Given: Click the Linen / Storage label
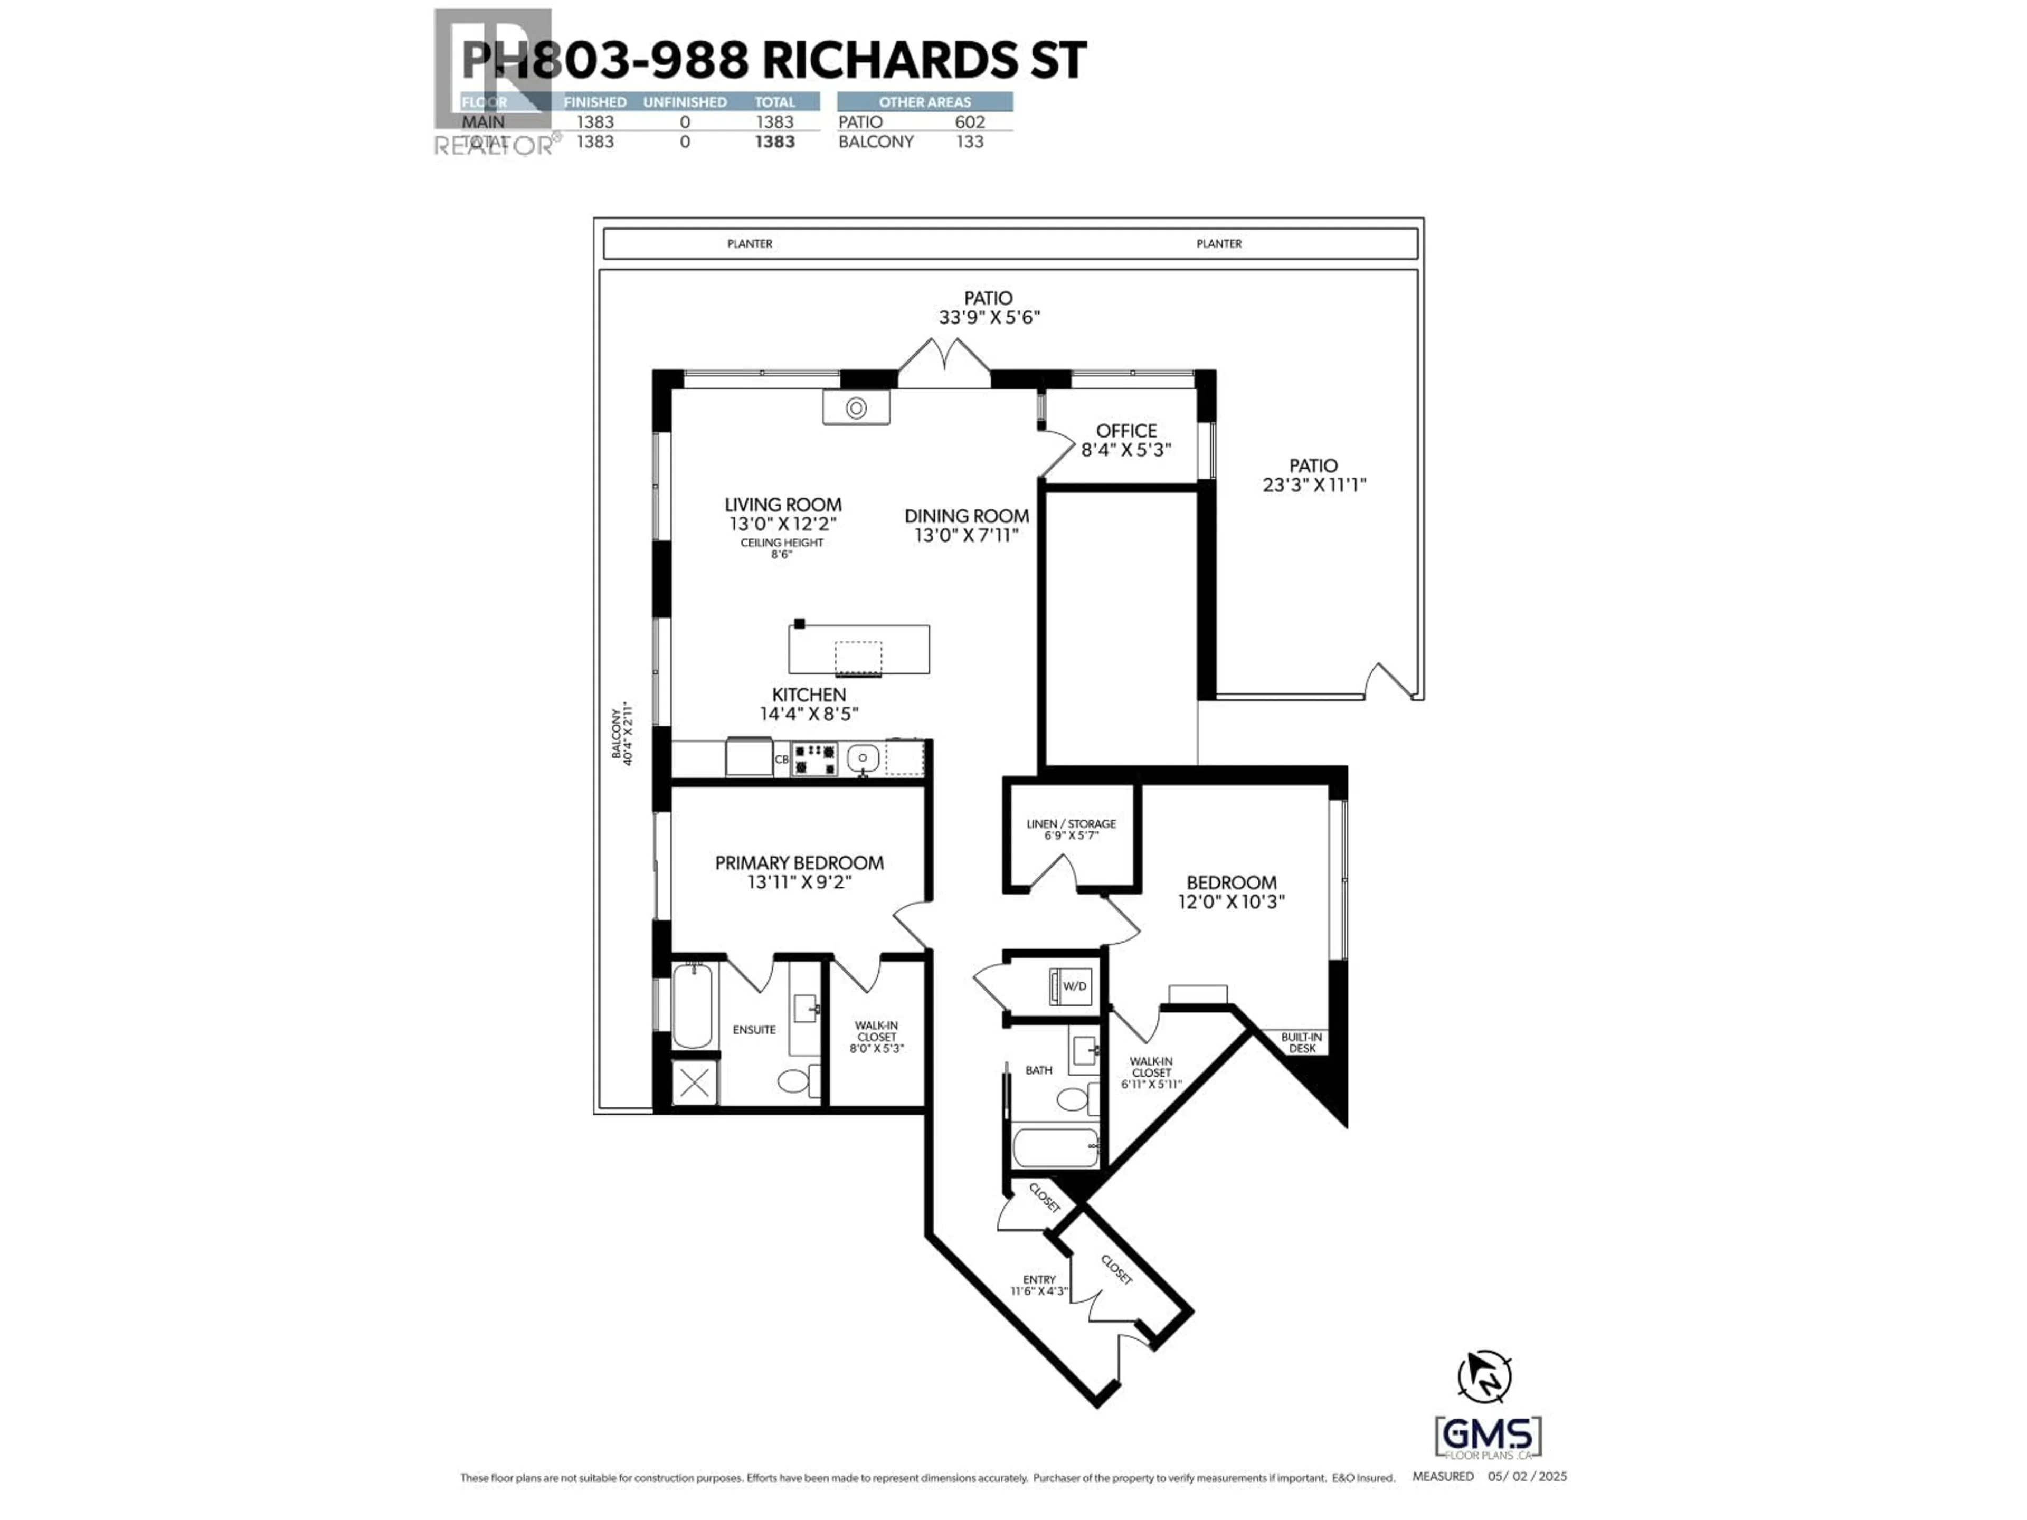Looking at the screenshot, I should coord(1071,824).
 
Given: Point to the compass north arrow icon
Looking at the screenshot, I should coord(1484,1376).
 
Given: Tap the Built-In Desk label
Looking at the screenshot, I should coord(1301,1043).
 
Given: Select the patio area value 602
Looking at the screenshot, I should coord(970,122).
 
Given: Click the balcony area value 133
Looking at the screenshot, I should coord(970,142).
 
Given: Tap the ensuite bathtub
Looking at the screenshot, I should coord(692,1004).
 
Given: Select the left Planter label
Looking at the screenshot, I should coord(750,244).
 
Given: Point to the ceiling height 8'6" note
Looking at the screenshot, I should coord(782,548).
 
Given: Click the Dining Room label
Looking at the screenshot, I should coord(966,516).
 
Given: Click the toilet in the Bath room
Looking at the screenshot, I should coord(1074,1098).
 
